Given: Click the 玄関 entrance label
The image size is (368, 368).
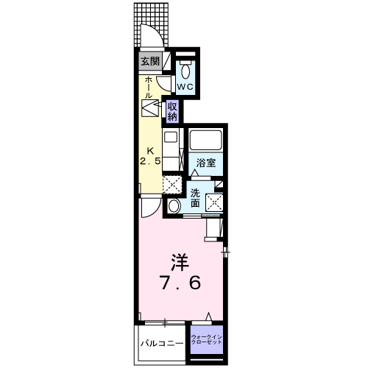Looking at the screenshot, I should pyautogui.click(x=149, y=62).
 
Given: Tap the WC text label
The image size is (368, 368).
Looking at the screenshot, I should pyautogui.click(x=185, y=86).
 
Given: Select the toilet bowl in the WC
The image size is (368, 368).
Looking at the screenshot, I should pyautogui.click(x=185, y=71).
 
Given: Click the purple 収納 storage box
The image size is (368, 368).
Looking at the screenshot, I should pyautogui.click(x=172, y=111).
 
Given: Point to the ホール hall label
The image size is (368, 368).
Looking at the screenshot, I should pyautogui.click(x=149, y=86).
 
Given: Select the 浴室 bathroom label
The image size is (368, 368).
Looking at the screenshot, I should pyautogui.click(x=205, y=163).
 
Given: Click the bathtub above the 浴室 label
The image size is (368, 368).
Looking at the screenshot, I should pyautogui.click(x=206, y=140).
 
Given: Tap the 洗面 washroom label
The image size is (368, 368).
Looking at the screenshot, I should pyautogui.click(x=195, y=198).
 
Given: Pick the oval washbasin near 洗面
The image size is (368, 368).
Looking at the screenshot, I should pyautogui.click(x=173, y=206).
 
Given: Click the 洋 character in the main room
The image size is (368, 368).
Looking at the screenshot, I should pyautogui.click(x=180, y=262).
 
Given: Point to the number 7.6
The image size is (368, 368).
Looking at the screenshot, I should pyautogui.click(x=180, y=283).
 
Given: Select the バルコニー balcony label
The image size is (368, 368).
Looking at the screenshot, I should pyautogui.click(x=161, y=342).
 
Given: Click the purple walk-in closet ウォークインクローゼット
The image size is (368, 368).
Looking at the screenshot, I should pyautogui.click(x=206, y=340).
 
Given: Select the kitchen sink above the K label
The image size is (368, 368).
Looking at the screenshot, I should pyautogui.click(x=170, y=138).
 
